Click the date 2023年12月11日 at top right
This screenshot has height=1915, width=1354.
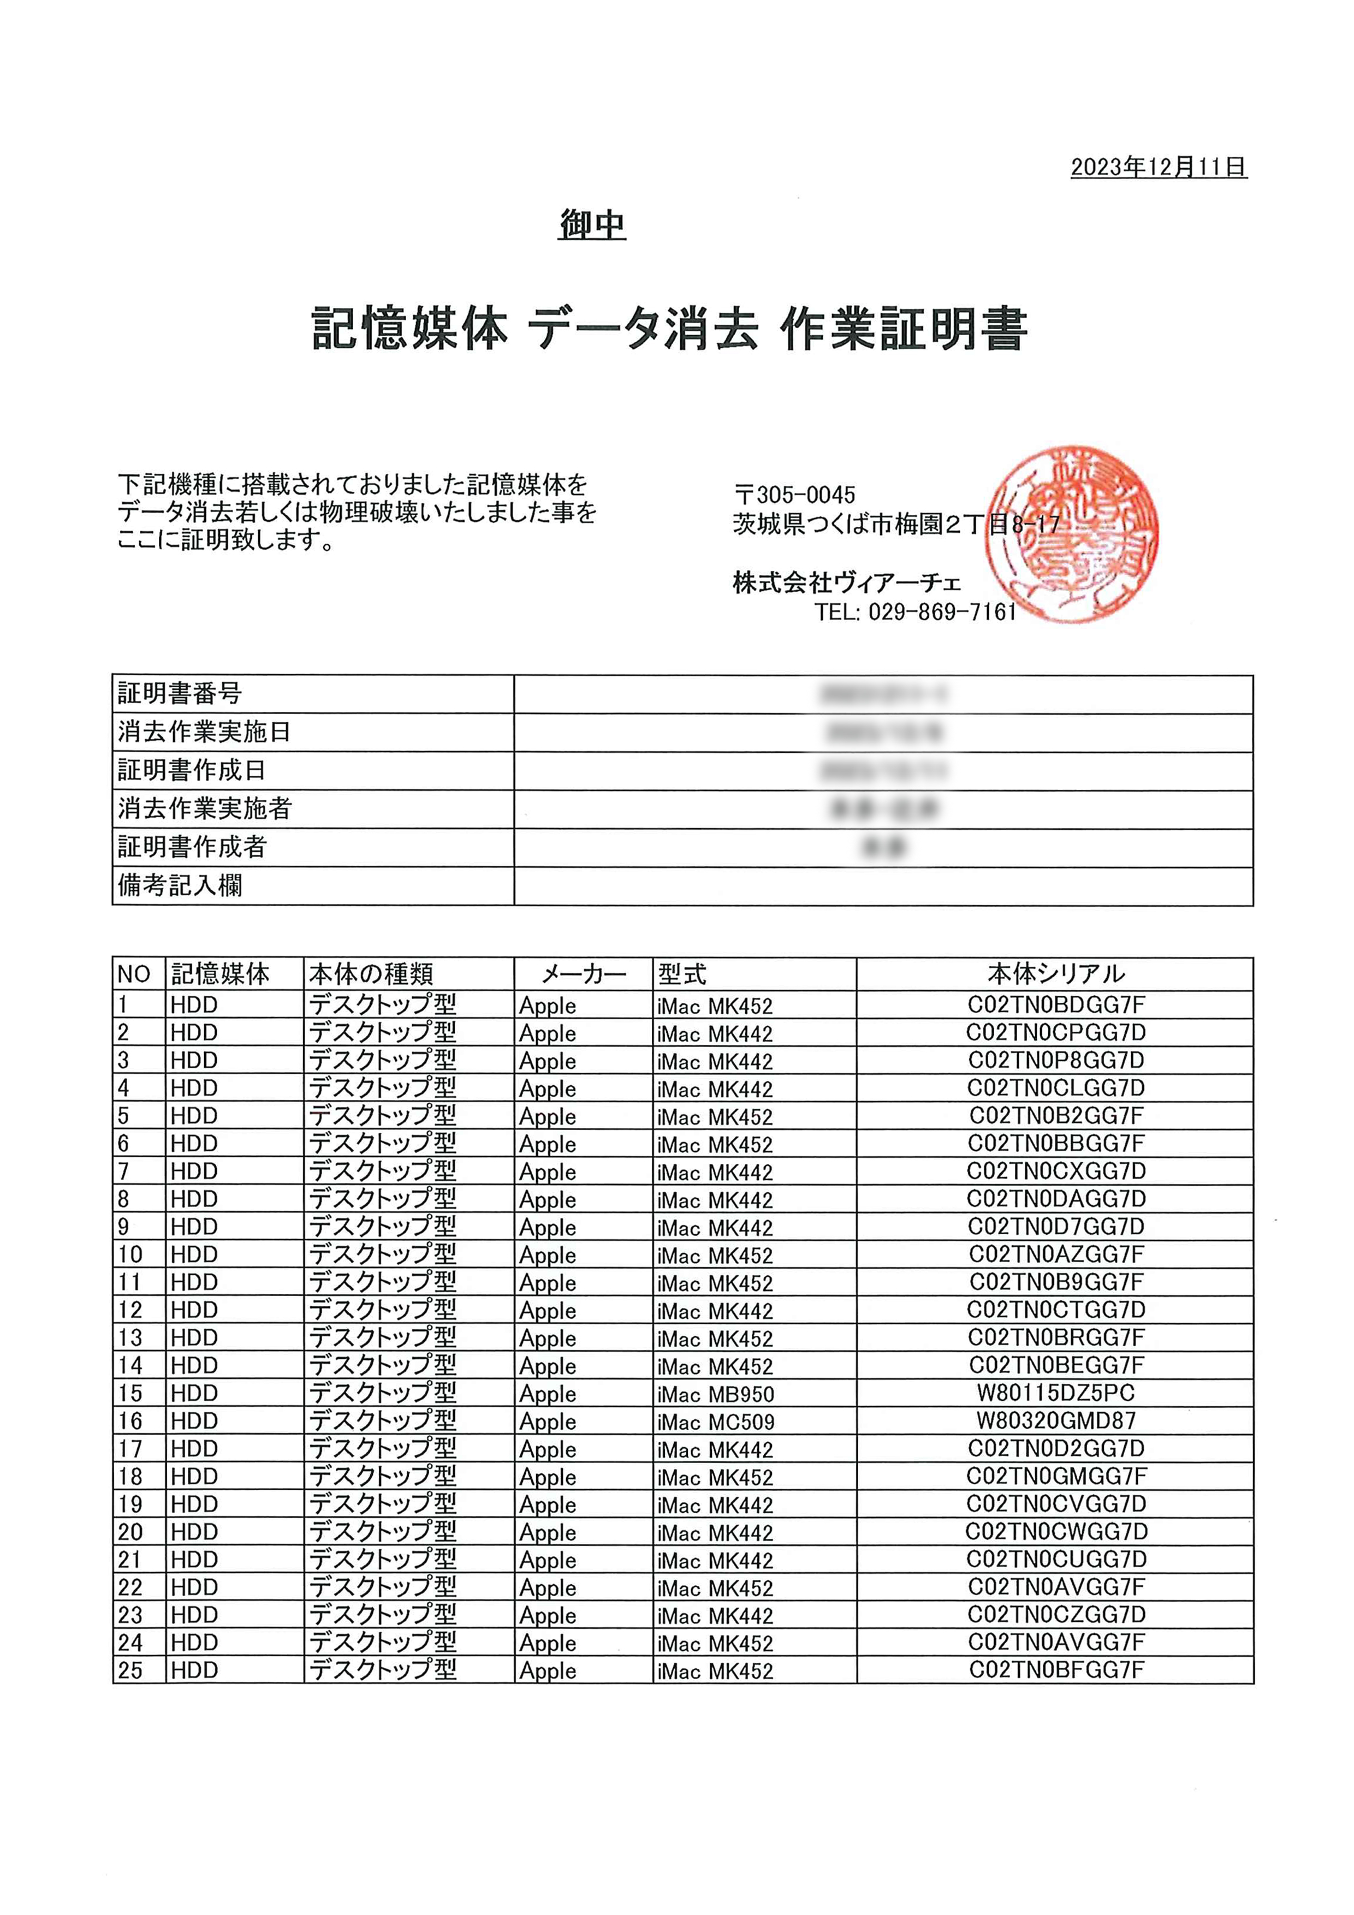point(1158,167)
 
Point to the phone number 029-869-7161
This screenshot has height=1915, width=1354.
point(942,612)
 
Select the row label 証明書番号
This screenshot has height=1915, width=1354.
point(180,693)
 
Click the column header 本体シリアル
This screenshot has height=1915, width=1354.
point(1055,973)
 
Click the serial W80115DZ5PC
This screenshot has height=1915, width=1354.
point(1055,1393)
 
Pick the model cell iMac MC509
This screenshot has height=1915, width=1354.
point(715,1421)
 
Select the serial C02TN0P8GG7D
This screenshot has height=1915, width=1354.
point(1055,1060)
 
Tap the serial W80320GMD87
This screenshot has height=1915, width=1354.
point(1055,1420)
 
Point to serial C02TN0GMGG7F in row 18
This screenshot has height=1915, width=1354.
point(1055,1476)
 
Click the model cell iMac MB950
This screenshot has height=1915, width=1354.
point(715,1394)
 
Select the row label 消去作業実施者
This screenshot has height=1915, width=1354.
point(204,808)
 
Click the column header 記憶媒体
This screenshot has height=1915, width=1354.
point(220,973)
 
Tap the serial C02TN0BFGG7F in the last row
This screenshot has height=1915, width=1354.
point(1055,1670)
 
